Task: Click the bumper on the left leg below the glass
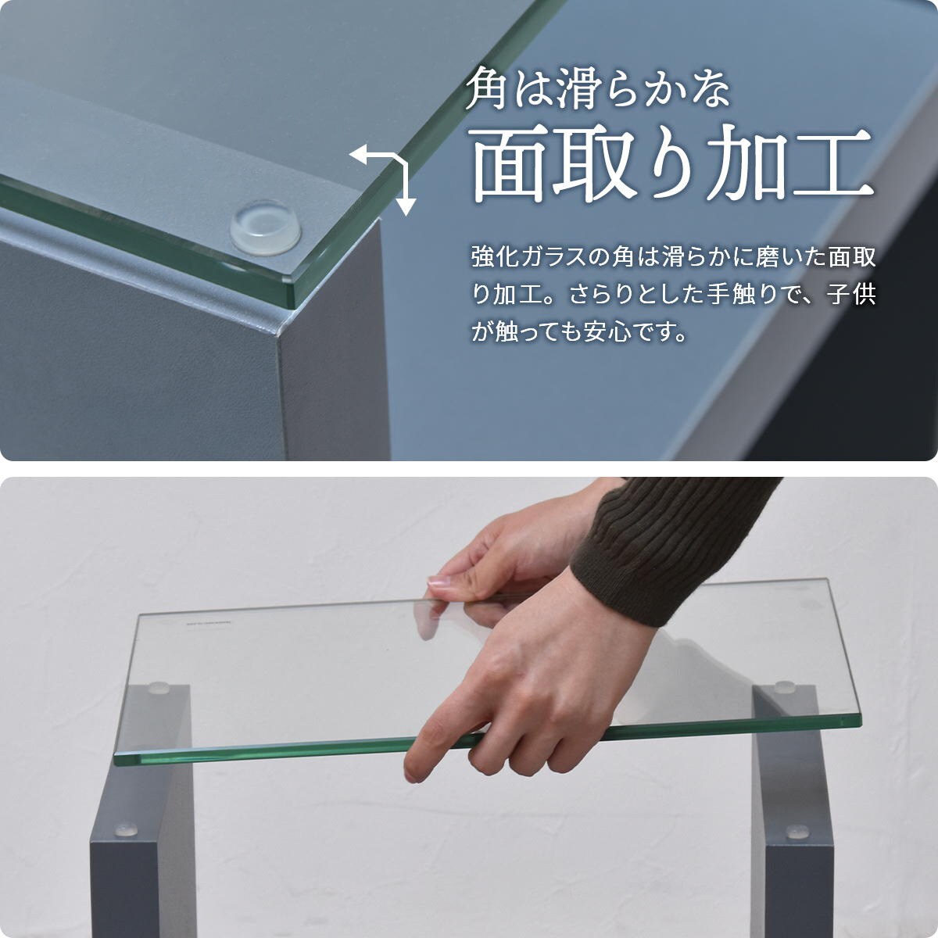click(125, 827)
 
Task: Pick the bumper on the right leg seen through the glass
click(784, 687)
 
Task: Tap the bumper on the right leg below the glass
click(797, 832)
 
